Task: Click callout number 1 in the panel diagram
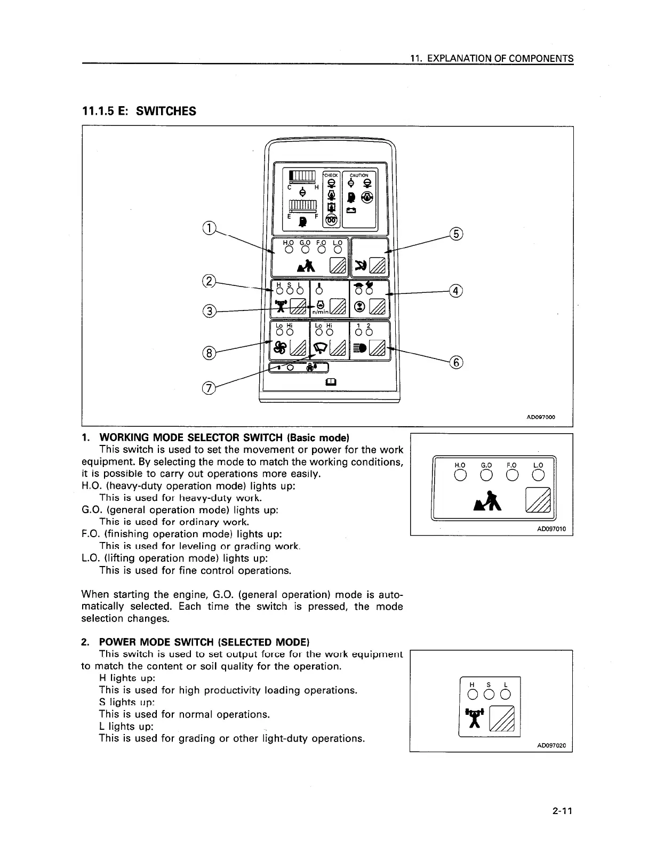click(210, 228)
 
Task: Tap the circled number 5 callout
click(457, 234)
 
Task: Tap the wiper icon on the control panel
click(320, 348)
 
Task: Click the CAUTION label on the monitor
click(359, 175)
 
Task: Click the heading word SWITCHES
click(166, 111)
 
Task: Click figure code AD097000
click(540, 417)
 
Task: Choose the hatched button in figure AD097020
click(501, 719)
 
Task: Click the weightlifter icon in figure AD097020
click(474, 718)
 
